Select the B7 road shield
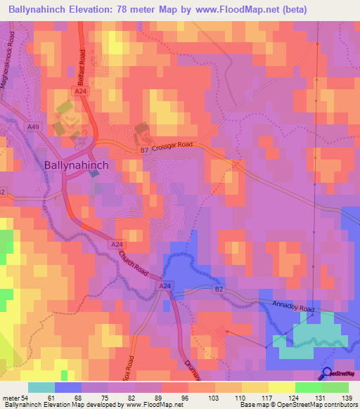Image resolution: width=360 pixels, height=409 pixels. (x=143, y=150)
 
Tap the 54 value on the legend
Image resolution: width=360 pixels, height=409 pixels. (x=26, y=398)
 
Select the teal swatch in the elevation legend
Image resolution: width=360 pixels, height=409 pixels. (x=41, y=387)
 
